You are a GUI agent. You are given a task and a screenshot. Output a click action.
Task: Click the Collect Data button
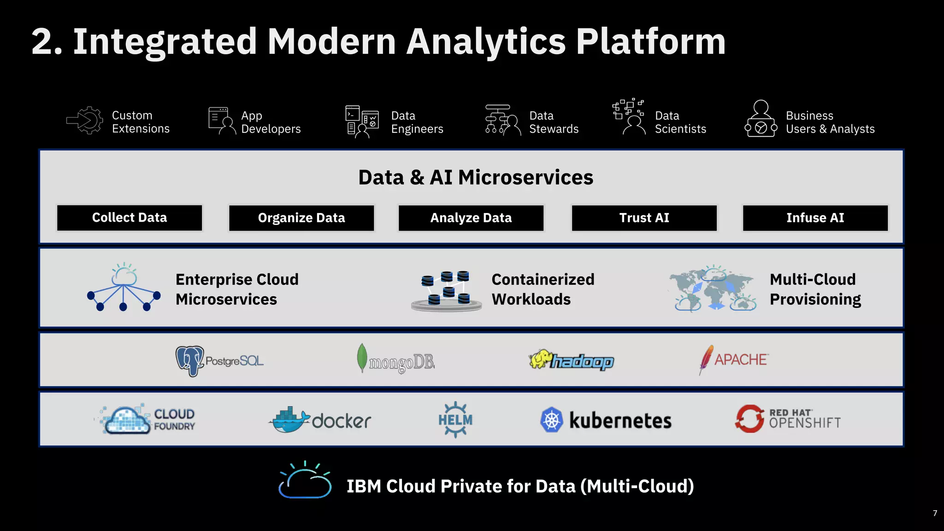click(130, 218)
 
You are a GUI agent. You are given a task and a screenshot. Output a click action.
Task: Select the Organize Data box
click(301, 218)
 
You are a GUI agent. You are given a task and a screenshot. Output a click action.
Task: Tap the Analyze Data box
click(471, 218)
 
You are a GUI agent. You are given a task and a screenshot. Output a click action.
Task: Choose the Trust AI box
click(644, 218)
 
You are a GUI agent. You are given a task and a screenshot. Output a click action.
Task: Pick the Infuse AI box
click(815, 218)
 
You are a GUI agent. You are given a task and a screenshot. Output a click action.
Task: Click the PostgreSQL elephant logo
click(189, 360)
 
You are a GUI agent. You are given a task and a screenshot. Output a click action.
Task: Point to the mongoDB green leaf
click(362, 357)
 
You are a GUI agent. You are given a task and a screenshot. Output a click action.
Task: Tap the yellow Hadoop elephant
click(541, 359)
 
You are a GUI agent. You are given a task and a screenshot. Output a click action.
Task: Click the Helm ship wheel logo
click(455, 419)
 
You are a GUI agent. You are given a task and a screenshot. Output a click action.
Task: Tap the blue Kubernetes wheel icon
click(552, 420)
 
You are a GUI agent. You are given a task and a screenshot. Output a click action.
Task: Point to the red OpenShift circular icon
click(749, 419)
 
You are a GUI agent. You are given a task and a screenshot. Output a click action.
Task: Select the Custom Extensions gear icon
click(86, 121)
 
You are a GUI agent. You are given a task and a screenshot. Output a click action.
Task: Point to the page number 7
click(935, 513)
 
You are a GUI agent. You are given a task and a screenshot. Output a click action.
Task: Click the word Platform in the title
click(651, 41)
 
